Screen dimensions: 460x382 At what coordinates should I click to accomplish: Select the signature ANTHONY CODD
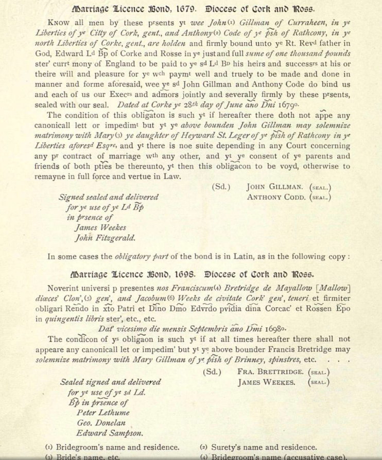click(275, 197)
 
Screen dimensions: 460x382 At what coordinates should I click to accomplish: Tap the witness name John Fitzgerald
click(106, 237)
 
